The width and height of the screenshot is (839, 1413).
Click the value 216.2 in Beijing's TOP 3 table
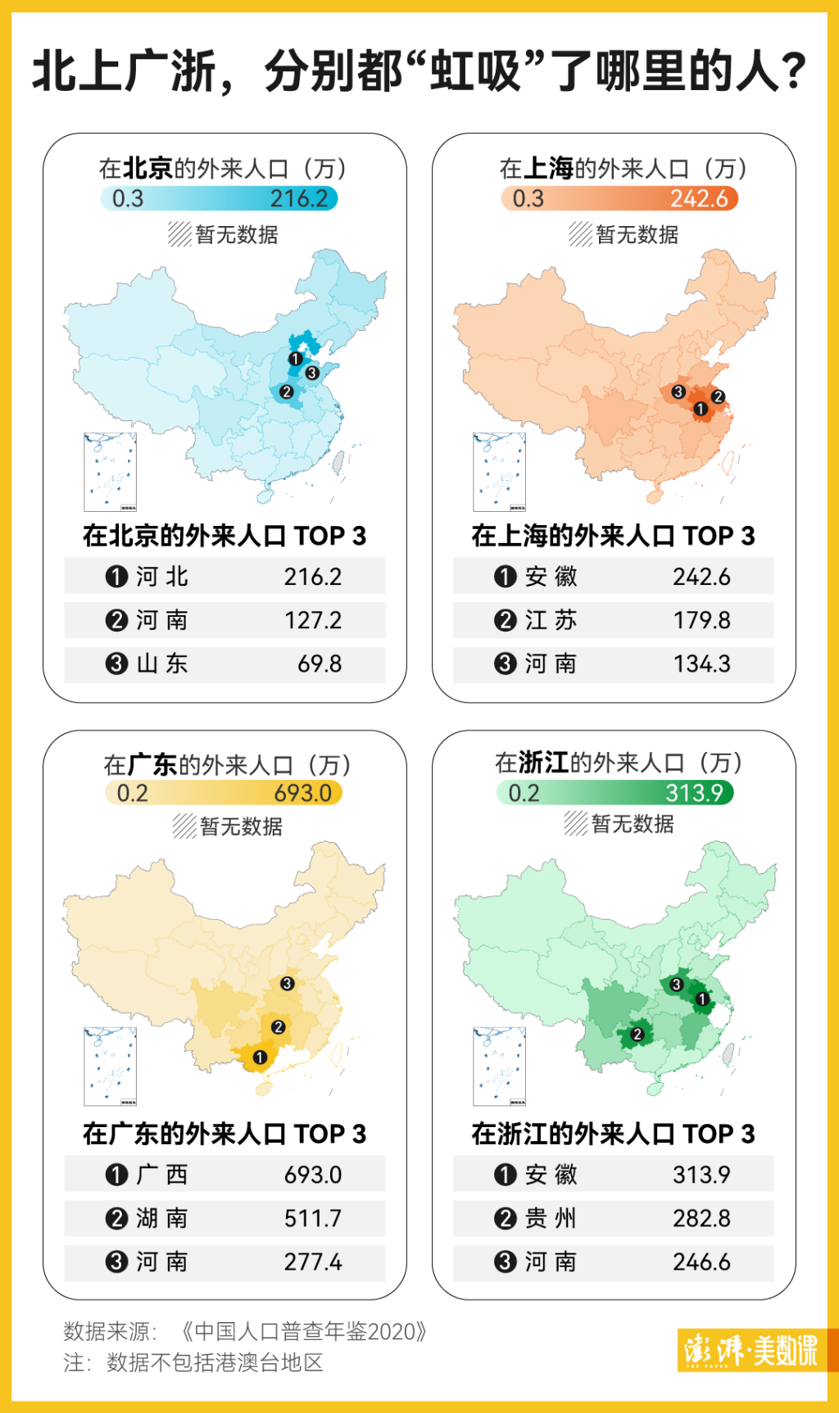click(312, 577)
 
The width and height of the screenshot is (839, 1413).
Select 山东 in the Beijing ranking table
click(162, 663)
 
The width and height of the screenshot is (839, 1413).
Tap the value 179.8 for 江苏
click(701, 620)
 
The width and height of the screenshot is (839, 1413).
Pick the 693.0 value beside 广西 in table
click(312, 1175)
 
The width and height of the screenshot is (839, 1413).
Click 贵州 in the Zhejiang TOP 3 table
click(551, 1218)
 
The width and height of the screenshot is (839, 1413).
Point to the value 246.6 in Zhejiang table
click(701, 1261)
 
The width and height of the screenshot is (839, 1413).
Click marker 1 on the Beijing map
click(296, 359)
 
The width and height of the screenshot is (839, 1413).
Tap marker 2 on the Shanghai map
click(718, 396)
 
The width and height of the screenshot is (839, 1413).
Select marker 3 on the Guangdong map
click(287, 983)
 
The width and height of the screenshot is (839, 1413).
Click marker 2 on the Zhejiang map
click(637, 1035)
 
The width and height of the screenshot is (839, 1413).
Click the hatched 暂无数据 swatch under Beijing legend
click(179, 234)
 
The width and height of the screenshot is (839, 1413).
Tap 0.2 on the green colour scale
click(524, 793)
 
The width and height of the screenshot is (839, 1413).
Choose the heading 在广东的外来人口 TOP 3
click(224, 1134)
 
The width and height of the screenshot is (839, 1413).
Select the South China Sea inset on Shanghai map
click(499, 472)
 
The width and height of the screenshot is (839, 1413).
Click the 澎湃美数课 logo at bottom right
click(751, 1349)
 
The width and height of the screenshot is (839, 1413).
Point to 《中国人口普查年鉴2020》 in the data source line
click(302, 1331)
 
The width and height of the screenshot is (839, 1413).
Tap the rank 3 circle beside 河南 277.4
click(116, 1261)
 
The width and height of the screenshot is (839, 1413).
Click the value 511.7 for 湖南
click(312, 1218)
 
